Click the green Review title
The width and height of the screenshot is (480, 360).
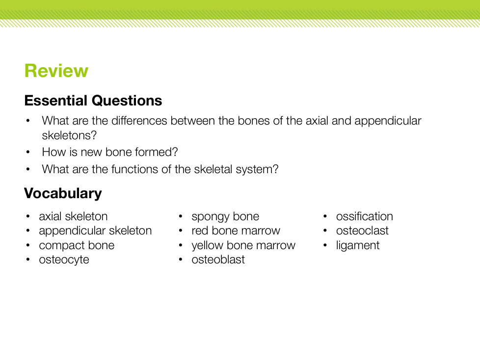click(56, 71)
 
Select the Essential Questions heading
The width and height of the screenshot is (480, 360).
click(93, 101)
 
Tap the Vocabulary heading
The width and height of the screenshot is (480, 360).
click(63, 194)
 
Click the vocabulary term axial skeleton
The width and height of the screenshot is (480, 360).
click(73, 216)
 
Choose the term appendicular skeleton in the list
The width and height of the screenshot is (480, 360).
click(95, 231)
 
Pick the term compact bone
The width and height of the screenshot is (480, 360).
click(77, 245)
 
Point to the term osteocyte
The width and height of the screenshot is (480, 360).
click(64, 259)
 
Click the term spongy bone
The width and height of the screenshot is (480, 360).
click(225, 217)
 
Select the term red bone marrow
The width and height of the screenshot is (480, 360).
click(236, 231)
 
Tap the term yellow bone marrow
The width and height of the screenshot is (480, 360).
click(243, 245)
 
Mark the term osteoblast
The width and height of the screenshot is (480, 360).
click(218, 259)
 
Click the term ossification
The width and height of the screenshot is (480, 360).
click(364, 216)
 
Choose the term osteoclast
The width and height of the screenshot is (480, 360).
click(362, 231)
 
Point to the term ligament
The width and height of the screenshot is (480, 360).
click(358, 245)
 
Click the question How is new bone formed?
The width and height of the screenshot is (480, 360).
click(109, 152)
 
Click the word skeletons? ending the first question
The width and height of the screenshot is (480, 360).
click(69, 135)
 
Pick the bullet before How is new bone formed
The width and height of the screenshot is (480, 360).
click(28, 152)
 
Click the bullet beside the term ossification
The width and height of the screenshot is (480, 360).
click(325, 217)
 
